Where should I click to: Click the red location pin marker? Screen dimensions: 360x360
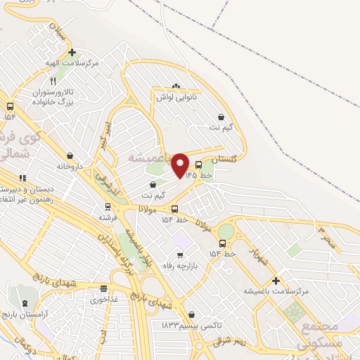[180, 165]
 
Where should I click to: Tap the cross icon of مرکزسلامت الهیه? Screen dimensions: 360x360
[72, 52]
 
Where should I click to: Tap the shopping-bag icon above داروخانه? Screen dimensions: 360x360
[70, 155]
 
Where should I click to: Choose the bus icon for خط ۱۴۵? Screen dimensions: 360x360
[198, 165]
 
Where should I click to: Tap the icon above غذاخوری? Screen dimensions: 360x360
[104, 288]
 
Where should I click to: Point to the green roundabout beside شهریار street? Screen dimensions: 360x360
[226, 231]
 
